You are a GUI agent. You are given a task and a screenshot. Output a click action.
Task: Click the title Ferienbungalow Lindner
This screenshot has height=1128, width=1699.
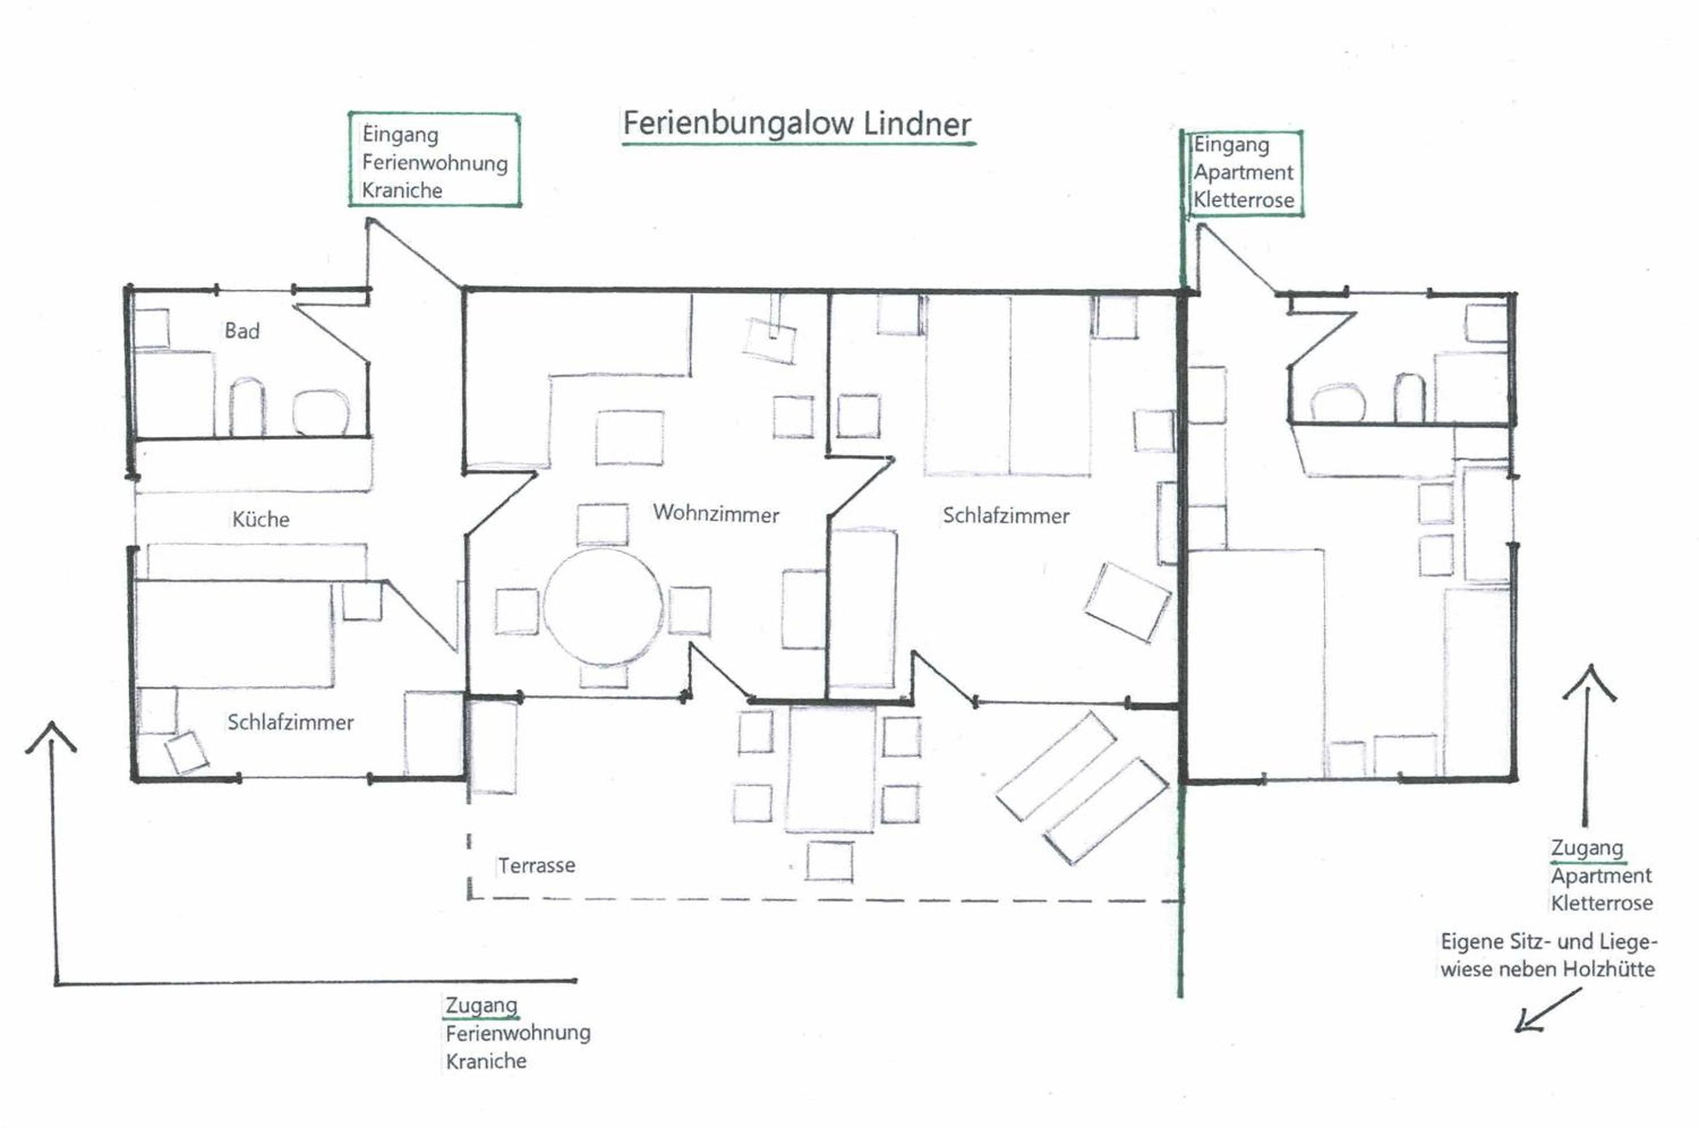(x=797, y=123)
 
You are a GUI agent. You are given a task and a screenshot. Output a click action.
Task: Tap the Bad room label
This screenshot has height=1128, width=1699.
(x=242, y=331)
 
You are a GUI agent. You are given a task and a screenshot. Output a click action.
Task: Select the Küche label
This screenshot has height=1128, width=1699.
(x=261, y=519)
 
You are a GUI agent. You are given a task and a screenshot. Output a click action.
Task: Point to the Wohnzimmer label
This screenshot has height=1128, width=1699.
(x=716, y=514)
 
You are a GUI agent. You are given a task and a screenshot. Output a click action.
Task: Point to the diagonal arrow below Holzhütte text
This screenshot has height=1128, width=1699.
(x=1548, y=1011)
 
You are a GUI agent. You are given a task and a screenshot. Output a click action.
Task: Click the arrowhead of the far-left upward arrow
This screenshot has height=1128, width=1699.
(x=51, y=723)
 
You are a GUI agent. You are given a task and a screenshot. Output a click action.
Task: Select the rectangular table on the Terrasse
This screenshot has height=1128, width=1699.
(x=831, y=768)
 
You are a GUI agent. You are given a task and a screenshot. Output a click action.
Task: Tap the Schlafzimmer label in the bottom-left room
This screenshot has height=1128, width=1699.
(x=291, y=723)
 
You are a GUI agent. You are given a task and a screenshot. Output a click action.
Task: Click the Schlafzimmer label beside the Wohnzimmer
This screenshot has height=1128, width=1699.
(x=1005, y=515)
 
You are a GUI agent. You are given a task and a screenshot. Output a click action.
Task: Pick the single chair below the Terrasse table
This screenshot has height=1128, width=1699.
(x=829, y=861)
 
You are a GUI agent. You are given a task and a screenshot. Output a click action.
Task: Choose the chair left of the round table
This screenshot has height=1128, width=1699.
(x=517, y=611)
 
